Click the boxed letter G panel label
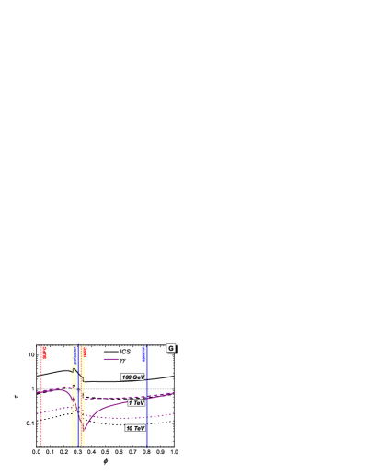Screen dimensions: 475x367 [x=170, y=348]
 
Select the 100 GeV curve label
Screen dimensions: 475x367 [x=133, y=377]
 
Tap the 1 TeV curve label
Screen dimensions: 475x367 [x=136, y=402]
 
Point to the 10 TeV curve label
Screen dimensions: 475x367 [x=135, y=428]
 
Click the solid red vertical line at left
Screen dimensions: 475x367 [x=41, y=405]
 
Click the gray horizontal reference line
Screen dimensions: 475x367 [x=110, y=388]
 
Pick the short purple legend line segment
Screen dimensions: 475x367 [x=111, y=359]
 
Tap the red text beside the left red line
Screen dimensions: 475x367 [x=43, y=353]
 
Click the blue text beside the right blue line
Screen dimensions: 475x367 [x=143, y=353]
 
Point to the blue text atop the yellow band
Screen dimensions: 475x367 [x=75, y=352]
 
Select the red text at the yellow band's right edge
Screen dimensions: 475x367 [x=84, y=352]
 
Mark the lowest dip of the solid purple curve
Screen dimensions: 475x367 [x=83, y=430]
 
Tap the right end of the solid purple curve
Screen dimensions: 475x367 [x=173, y=393]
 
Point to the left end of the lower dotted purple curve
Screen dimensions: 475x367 [x=39, y=413]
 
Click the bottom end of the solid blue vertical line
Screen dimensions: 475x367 [x=146, y=446]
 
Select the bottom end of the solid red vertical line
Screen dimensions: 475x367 [x=41, y=446]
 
